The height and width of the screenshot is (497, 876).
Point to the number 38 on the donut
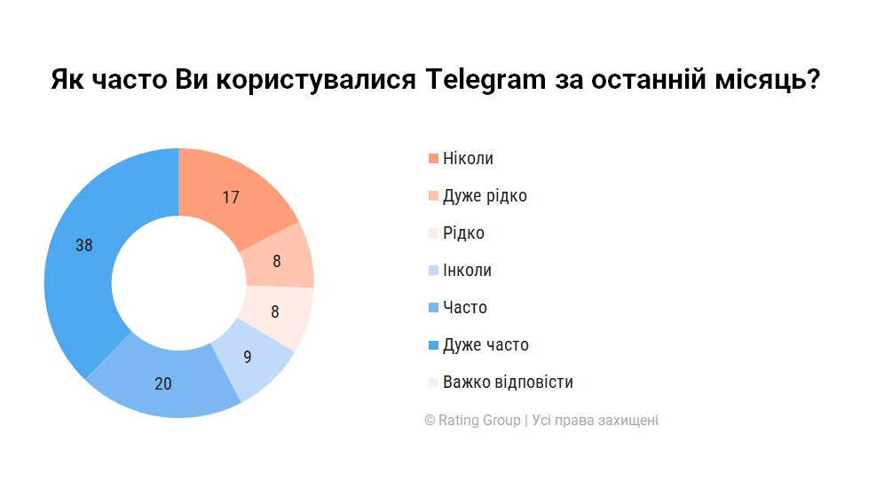[x=84, y=246]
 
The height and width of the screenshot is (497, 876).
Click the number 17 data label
[x=231, y=198]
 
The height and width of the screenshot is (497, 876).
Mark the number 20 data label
[x=162, y=384]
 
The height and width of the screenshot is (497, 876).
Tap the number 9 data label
[x=248, y=358]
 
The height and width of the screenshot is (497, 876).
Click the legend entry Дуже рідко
[x=485, y=196]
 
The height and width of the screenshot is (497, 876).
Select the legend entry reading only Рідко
[x=463, y=233]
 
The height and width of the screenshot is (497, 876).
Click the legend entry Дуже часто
[x=485, y=345]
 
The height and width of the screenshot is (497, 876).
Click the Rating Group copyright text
[x=541, y=421]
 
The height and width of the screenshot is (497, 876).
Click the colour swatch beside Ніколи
[x=433, y=159]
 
